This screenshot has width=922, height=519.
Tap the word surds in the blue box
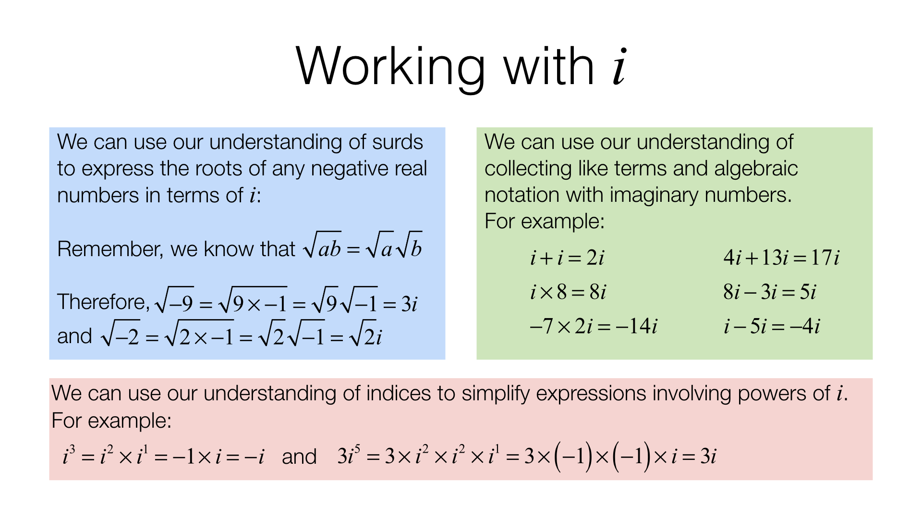398,142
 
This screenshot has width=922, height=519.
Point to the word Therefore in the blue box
100,302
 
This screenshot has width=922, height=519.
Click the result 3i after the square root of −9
409,304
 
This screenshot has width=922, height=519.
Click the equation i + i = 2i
567,258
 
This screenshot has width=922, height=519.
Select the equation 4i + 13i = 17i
781,258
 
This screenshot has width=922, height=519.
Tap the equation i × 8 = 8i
568,292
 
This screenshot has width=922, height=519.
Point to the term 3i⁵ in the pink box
349,456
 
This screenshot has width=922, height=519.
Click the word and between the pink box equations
299,457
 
